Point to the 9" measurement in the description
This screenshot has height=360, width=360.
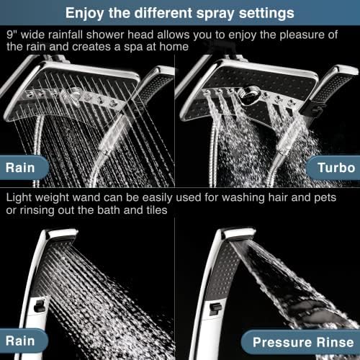(12, 34)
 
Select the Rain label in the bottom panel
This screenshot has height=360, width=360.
(26, 341)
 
